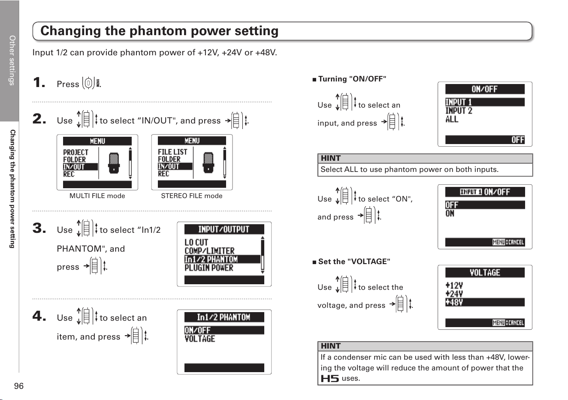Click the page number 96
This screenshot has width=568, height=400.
click(x=19, y=386)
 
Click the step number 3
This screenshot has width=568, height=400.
click(x=39, y=228)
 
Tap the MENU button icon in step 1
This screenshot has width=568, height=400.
click(x=89, y=83)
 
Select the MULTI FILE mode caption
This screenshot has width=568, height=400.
click(x=97, y=195)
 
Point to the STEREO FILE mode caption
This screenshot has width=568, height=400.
click(x=192, y=195)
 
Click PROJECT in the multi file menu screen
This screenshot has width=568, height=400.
click(x=76, y=152)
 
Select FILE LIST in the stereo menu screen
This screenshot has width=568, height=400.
click(x=172, y=152)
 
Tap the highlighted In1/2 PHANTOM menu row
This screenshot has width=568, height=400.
click(x=222, y=259)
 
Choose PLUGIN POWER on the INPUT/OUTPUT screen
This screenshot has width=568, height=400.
click(x=208, y=268)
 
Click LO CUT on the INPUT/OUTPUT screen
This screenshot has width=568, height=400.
click(x=196, y=242)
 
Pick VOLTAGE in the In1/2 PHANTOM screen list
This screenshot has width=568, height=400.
click(x=200, y=339)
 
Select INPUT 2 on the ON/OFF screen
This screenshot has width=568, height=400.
click(x=459, y=111)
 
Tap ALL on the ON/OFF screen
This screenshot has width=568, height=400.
click(x=452, y=119)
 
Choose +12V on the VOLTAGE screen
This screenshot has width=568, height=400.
click(x=454, y=286)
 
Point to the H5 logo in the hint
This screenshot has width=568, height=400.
click(x=329, y=379)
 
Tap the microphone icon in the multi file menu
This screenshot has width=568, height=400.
click(x=114, y=163)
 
